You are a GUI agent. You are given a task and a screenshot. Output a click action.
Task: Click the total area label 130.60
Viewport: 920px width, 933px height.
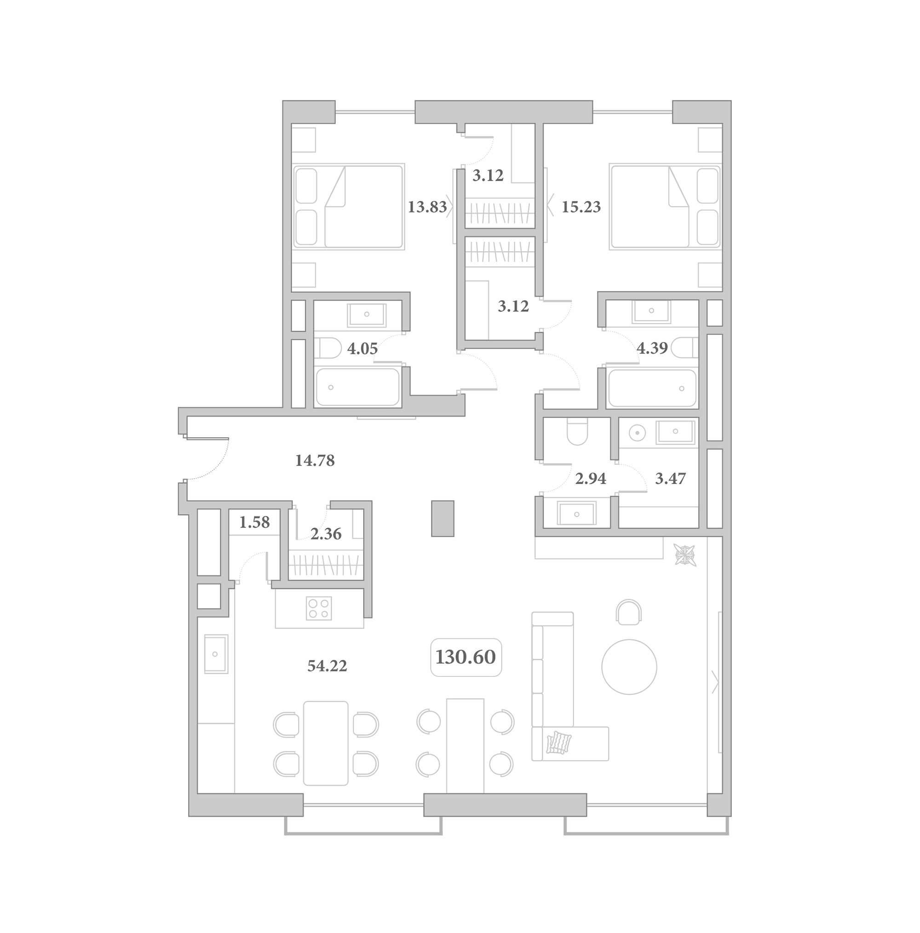466,657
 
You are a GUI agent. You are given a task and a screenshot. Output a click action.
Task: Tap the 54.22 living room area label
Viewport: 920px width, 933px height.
327,666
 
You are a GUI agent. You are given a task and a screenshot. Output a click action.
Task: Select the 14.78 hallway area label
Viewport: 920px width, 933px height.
315,461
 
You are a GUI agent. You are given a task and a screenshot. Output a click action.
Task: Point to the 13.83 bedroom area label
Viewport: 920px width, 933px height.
427,207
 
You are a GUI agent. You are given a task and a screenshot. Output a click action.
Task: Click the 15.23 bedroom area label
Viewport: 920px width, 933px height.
581,207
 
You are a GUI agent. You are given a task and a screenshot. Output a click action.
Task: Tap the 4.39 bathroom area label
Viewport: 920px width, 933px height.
652,348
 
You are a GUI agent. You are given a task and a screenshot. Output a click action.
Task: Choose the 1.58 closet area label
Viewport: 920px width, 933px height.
255,522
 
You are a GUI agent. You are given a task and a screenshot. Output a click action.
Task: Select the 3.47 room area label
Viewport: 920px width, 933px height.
670,479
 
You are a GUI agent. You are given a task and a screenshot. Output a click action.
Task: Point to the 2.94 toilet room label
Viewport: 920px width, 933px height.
591,479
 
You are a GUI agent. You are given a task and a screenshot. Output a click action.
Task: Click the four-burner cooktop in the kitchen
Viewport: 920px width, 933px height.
319,608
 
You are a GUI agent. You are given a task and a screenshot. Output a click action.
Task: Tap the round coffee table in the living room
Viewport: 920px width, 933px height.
629,667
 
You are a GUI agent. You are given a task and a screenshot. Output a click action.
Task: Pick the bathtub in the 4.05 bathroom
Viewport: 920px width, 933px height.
358,387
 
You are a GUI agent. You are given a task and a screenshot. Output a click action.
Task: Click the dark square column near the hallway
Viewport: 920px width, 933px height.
443,518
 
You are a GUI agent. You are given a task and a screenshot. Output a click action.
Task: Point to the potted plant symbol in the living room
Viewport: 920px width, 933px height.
685,554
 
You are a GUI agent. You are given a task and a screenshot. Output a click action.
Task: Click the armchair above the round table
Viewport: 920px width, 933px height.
629,612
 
